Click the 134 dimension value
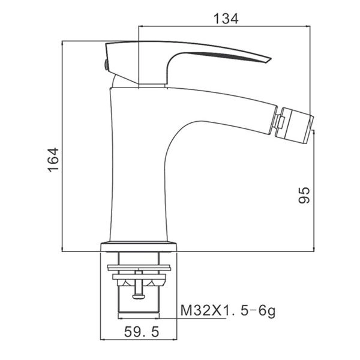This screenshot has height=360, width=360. [x=226, y=19]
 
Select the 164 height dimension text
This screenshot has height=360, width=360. [x=53, y=160]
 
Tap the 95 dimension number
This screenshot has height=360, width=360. [x=304, y=195]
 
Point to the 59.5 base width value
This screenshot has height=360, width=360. [x=142, y=332]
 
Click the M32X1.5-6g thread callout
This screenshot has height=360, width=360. [x=228, y=311]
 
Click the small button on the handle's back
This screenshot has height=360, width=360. [x=106, y=65]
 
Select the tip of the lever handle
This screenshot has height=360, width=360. [x=271, y=59]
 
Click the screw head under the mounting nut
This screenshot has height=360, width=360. [x=139, y=297]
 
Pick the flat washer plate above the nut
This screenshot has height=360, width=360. [x=139, y=268]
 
